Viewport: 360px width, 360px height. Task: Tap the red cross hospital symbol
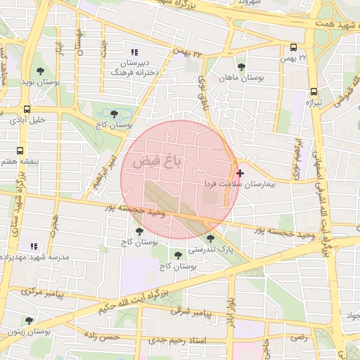click(x=240, y=172)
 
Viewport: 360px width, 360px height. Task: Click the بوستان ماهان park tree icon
click(x=241, y=67)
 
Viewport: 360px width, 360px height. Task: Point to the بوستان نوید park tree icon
click(x=40, y=71)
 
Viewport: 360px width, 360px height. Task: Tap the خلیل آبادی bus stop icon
click(x=27, y=109)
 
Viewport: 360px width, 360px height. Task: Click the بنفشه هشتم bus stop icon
click(x=20, y=150)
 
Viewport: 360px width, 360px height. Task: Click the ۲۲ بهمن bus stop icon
click(x=293, y=47)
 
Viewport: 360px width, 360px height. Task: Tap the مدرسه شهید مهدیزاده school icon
click(x=33, y=246)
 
